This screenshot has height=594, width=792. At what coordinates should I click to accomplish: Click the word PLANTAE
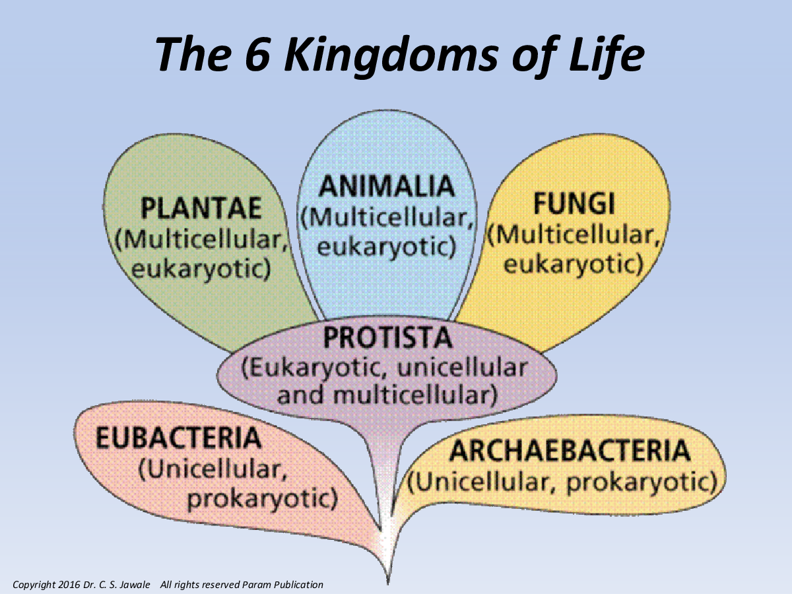click(201, 208)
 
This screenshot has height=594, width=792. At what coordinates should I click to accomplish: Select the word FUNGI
click(574, 203)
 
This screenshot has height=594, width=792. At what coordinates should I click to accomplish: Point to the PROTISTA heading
click(387, 337)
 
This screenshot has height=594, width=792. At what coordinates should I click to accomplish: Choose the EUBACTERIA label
click(179, 438)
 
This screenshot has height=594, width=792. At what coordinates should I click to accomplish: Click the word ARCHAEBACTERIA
click(570, 451)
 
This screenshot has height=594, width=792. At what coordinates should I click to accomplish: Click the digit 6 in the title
click(257, 54)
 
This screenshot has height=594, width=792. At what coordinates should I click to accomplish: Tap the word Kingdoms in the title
click(392, 57)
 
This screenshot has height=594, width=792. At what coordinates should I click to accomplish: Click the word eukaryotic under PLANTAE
click(201, 269)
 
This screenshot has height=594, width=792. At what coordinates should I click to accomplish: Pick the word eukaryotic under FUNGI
click(574, 265)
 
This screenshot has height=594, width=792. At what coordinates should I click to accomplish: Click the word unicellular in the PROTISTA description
click(462, 368)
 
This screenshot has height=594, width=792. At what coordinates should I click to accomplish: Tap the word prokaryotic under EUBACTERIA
click(262, 500)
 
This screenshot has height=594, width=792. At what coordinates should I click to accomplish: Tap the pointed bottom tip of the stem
click(388, 583)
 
